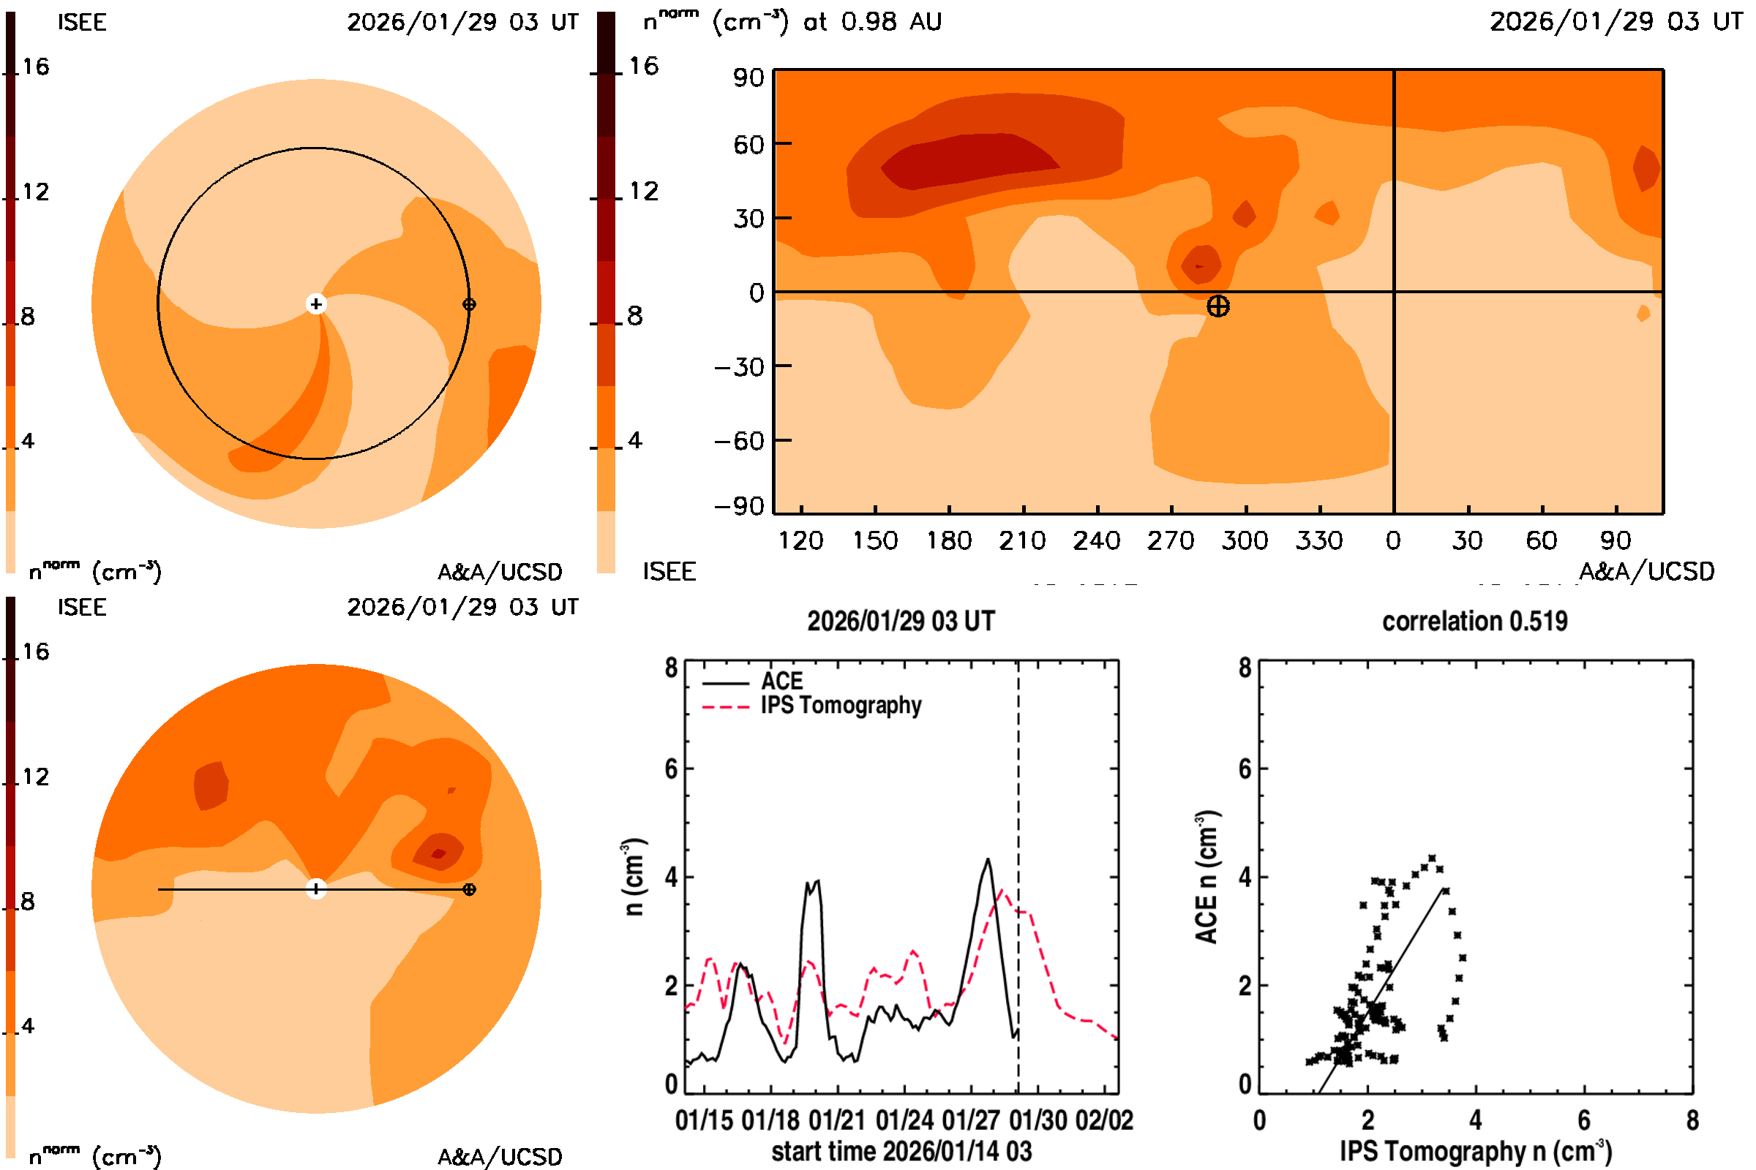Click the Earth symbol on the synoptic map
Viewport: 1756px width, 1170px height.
[x=1217, y=306]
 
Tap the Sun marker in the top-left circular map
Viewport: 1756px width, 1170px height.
[x=316, y=303]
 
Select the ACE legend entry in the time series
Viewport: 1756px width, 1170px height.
[x=781, y=682]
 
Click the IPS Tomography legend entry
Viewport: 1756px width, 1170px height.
[x=841, y=705]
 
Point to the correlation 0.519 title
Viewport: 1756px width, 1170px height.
[x=1474, y=622]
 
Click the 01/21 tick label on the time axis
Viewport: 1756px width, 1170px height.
[x=837, y=1120]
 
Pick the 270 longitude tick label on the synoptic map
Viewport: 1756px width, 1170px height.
[x=1171, y=540]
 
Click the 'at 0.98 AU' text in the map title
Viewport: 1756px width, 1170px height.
[x=872, y=22]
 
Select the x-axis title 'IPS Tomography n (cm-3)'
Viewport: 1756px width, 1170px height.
[x=1475, y=1151]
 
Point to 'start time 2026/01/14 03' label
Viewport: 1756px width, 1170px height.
[x=901, y=1151]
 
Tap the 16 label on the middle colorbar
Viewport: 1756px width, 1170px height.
[x=643, y=66]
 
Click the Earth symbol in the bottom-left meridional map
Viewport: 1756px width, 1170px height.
[x=469, y=889]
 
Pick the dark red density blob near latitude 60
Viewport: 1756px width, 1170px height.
[x=971, y=159]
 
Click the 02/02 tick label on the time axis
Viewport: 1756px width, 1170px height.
[x=1103, y=1120]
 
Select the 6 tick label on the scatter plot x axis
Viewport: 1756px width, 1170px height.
[x=1584, y=1120]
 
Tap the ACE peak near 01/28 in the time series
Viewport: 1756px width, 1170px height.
[x=988, y=860]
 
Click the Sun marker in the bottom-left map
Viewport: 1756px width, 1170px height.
[x=316, y=889]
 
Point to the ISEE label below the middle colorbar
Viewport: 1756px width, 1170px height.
[x=669, y=572]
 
